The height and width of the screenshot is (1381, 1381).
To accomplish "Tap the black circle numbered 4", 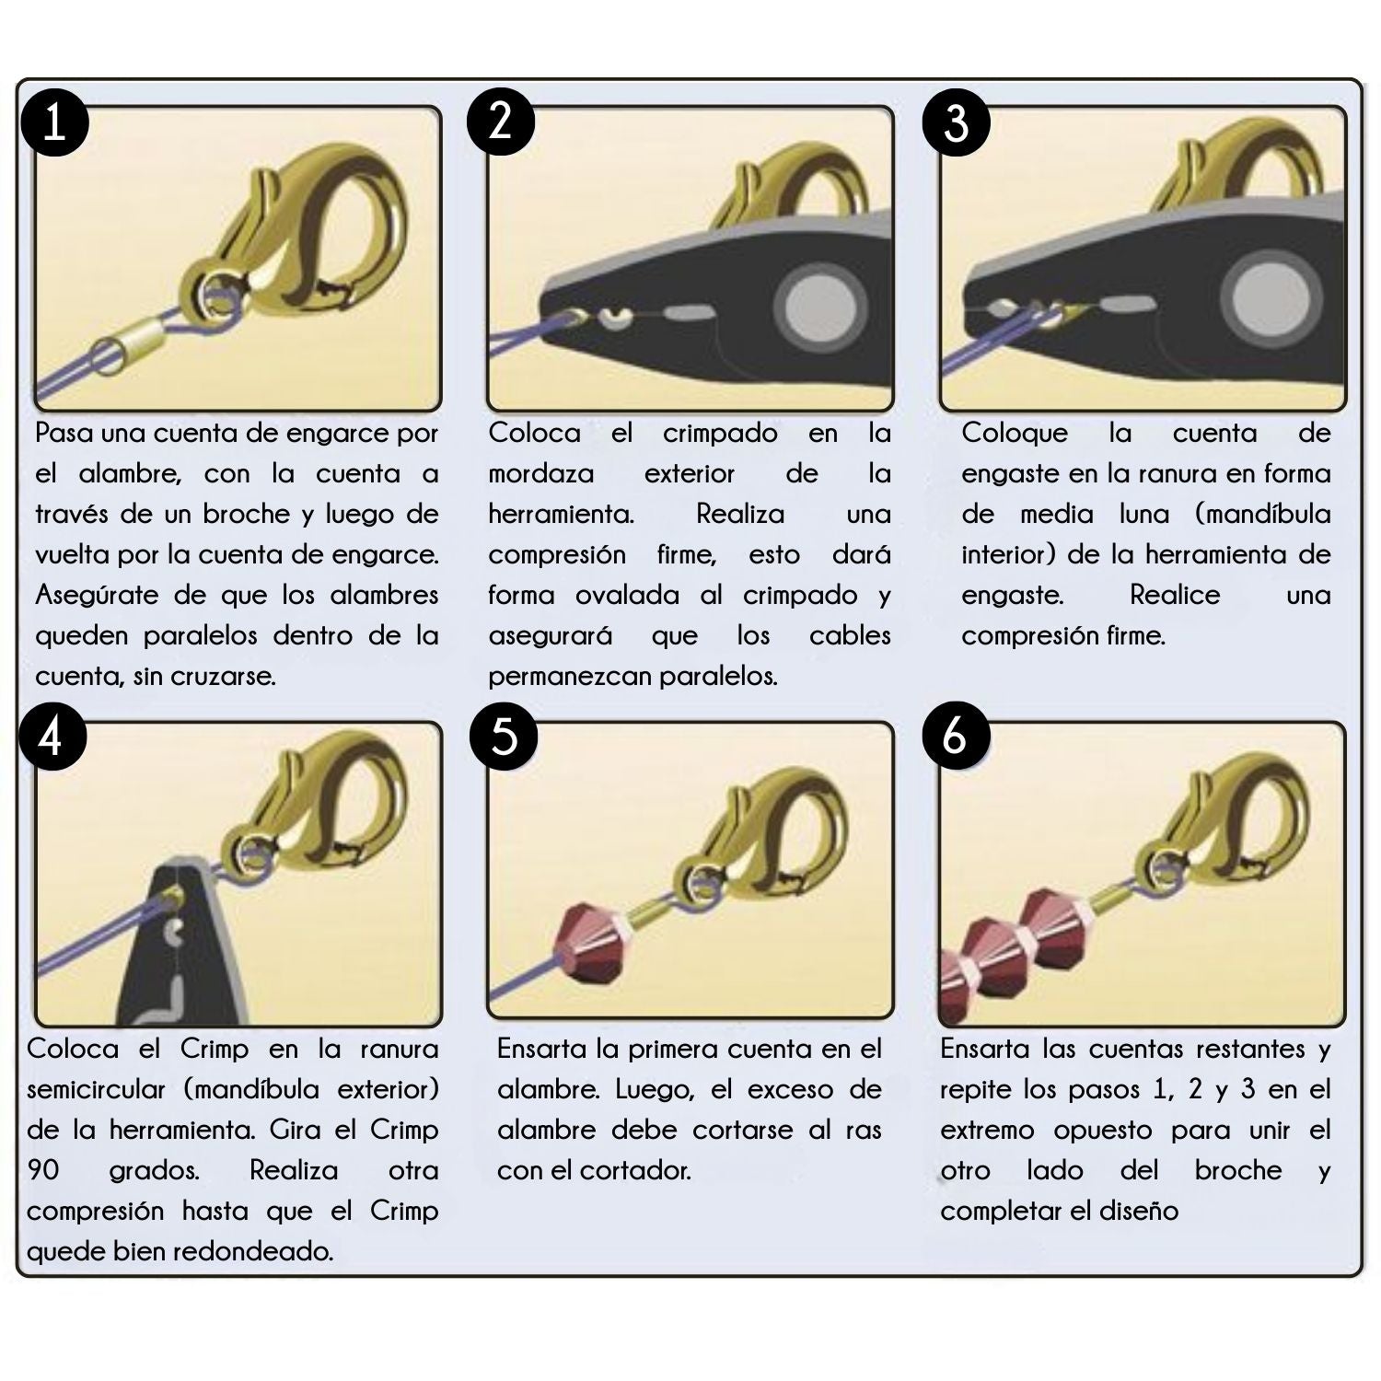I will click(52, 737).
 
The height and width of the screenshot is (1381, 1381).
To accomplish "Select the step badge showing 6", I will click(955, 737).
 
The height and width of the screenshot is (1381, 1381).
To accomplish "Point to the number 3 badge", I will click(957, 122).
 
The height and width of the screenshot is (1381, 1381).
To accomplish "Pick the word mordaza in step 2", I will click(540, 474).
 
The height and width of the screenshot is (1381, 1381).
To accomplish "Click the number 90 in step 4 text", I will click(43, 1170).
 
